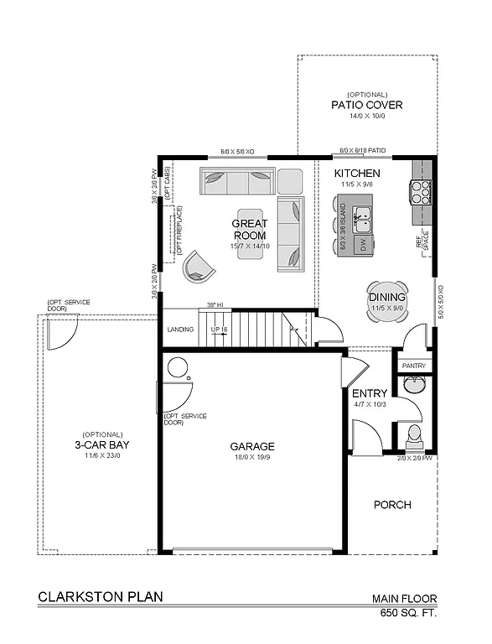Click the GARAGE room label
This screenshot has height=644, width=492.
[252, 446]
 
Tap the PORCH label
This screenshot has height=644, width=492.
[391, 505]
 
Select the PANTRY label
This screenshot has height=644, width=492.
[413, 366]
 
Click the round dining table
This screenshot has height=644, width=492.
[387, 299]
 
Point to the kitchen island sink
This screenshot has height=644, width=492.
[362, 221]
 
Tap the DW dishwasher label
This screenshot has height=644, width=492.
[363, 245]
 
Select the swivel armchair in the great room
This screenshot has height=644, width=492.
[199, 266]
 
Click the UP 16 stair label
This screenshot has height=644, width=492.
[219, 330]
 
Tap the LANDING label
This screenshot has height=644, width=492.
[180, 330]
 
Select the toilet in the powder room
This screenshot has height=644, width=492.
[412, 435]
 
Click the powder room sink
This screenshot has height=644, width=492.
[414, 386]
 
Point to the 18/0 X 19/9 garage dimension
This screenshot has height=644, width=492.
[252, 459]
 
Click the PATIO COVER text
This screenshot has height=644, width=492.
[366, 106]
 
